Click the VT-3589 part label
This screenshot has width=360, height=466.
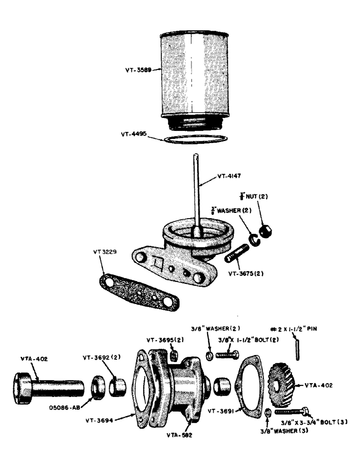(138, 70)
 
